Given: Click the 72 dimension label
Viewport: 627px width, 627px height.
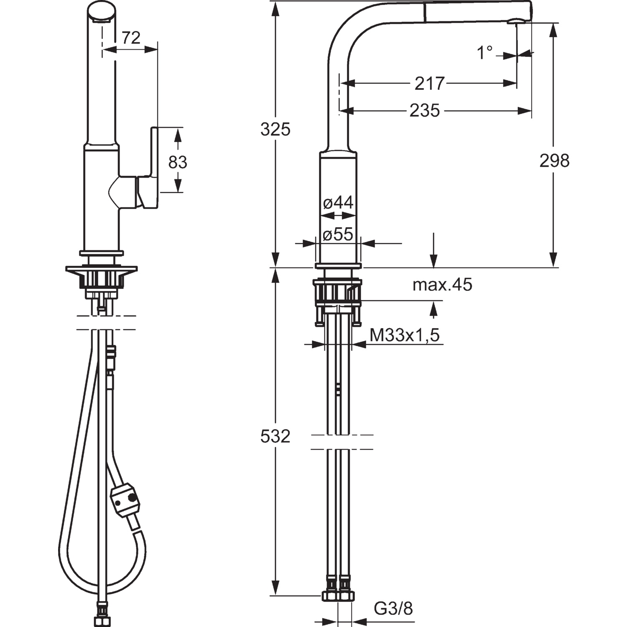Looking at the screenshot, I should point(131,38).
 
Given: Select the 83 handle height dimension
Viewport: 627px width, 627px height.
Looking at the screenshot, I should point(178,162).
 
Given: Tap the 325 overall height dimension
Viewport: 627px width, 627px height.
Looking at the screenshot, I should point(275,130).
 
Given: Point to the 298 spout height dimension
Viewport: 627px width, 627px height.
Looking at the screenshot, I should point(554,161).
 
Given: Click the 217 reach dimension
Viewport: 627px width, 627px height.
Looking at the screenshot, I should point(429,84).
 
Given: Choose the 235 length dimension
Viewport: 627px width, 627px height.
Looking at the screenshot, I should point(425,111).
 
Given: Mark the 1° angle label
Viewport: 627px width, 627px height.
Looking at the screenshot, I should point(485,53).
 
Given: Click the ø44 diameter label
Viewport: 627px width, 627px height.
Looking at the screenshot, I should point(338,203).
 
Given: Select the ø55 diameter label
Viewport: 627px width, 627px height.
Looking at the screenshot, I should point(338,234).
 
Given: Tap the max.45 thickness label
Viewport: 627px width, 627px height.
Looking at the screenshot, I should point(442,285).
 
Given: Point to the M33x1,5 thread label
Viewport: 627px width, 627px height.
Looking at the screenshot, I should point(405,335).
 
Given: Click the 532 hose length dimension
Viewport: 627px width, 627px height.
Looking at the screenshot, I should point(275,437).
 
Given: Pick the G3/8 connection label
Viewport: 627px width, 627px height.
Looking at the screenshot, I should point(393,609).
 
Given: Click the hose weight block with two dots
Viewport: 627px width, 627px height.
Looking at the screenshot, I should point(125,500).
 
